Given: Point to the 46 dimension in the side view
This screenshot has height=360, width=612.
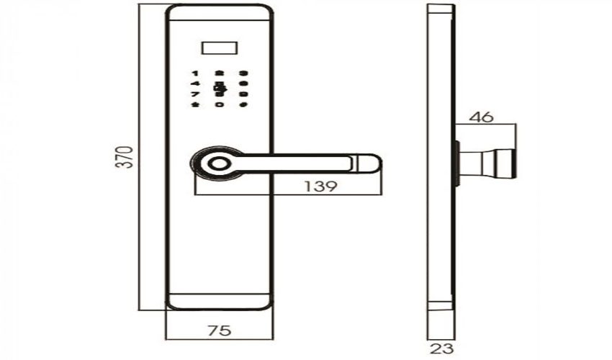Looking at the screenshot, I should pyautogui.click(x=485, y=117).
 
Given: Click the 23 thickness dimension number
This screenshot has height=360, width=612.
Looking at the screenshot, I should pyautogui.click(x=441, y=350).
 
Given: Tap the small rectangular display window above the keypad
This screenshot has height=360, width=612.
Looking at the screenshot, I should pyautogui.click(x=220, y=50).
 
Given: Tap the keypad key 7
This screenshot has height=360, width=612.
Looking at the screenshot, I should pyautogui.click(x=194, y=94).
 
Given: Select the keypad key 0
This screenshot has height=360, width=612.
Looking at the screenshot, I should pyautogui.click(x=220, y=105).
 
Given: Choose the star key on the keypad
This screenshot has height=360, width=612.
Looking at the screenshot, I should pyautogui.click(x=194, y=105).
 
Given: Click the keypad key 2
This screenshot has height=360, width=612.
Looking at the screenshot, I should pyautogui.click(x=220, y=73).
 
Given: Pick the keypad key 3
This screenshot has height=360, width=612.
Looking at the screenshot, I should pyautogui.click(x=244, y=73).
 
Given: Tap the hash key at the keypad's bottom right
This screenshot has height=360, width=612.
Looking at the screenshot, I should pyautogui.click(x=244, y=105).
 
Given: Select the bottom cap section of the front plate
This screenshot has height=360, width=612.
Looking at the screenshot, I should pyautogui.click(x=220, y=301).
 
